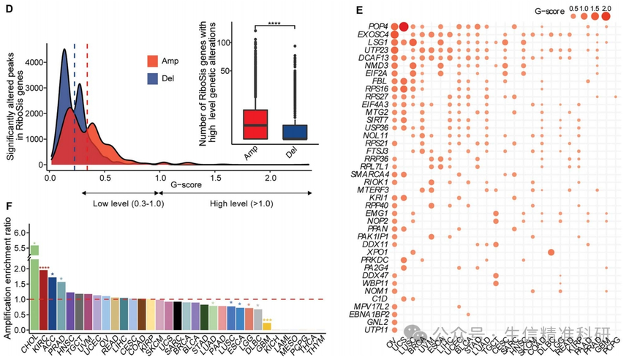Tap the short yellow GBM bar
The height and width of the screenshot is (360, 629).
coord(267,325)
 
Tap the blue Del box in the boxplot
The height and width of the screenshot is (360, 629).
coord(295,132)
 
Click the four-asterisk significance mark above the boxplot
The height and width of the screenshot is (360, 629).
coord(274,26)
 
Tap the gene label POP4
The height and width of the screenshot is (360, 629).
coord(378,25)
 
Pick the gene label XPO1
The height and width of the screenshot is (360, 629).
coord(377,251)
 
